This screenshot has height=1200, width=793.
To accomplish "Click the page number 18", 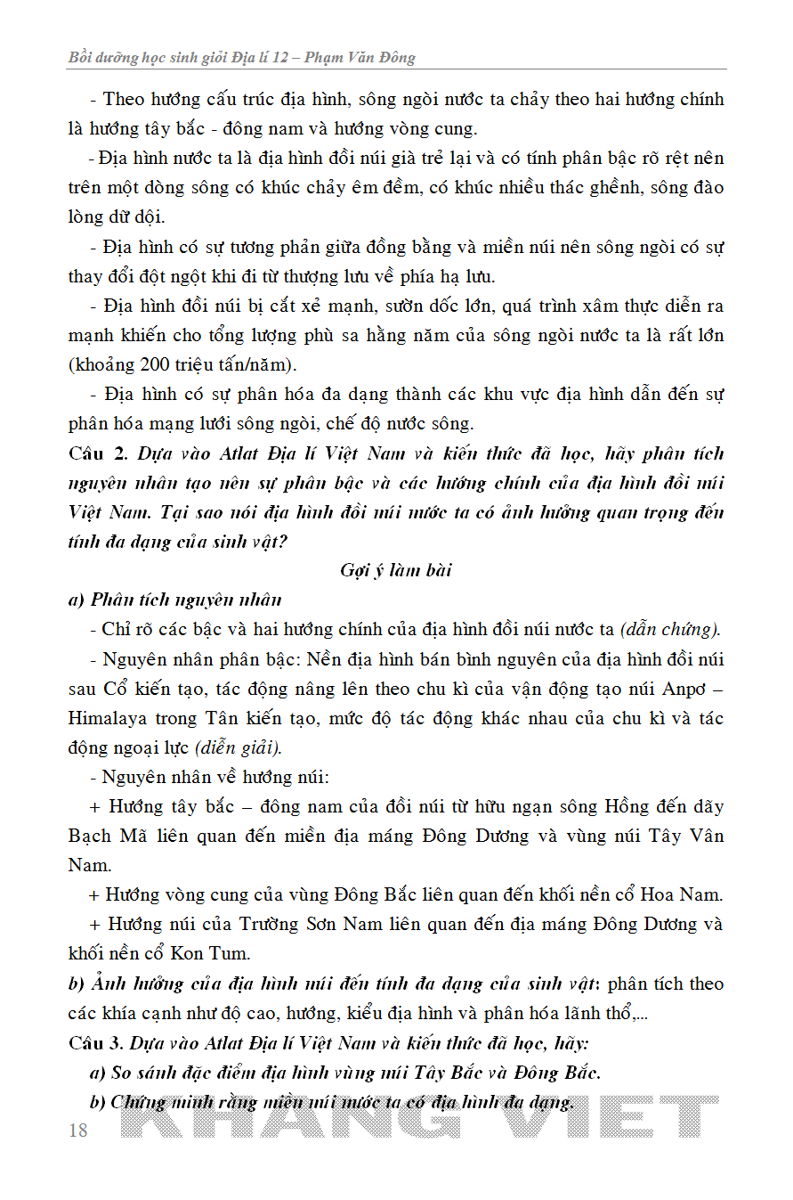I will (78, 1131).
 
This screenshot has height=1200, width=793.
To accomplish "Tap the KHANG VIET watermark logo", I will (424, 1117).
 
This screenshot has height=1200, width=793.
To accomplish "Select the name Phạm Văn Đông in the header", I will (360, 58).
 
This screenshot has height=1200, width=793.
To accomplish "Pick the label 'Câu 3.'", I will (98, 1042).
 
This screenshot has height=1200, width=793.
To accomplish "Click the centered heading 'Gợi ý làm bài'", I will (396, 570).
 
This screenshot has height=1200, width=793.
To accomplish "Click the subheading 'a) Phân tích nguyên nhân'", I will (174, 600).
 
